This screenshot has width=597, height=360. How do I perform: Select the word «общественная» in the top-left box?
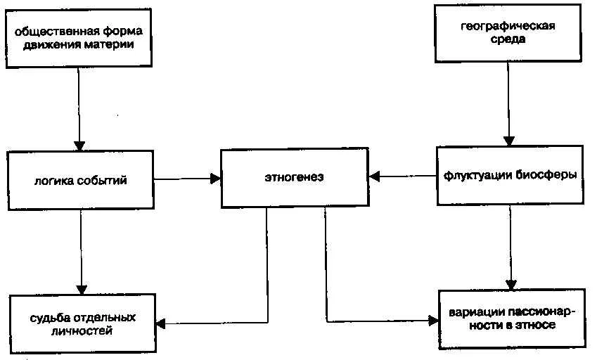(55, 31)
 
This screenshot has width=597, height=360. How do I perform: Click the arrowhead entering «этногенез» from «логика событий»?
(215, 179)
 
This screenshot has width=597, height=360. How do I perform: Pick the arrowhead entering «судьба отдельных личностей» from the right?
(160, 324)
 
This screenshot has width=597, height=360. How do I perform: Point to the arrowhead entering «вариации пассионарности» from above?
(512, 283)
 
